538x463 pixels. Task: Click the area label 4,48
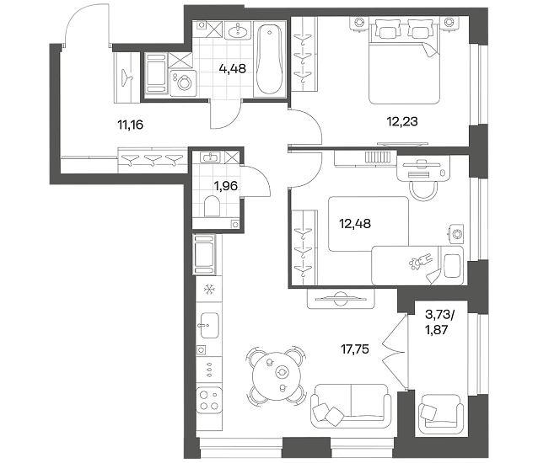click(232, 68)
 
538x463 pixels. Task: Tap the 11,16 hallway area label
click(130, 125)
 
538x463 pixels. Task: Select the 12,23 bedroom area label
click(402, 121)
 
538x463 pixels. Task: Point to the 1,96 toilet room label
click(226, 186)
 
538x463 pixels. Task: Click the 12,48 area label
click(355, 224)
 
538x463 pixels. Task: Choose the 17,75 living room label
click(355, 349)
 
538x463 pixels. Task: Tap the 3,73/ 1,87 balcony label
click(438, 322)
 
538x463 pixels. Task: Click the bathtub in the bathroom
click(270, 59)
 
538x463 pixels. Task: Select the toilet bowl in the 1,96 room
click(212, 205)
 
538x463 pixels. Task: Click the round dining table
click(277, 375)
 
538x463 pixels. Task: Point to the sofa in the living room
click(351, 406)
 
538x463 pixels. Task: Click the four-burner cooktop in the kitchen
click(209, 400)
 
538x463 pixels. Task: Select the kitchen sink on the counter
click(209, 325)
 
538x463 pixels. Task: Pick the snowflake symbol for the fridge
click(208, 290)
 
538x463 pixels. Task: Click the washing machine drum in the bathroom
click(183, 82)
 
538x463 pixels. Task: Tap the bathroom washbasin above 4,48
click(238, 31)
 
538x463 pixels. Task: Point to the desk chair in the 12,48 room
click(424, 189)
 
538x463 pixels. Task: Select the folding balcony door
click(395, 352)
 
